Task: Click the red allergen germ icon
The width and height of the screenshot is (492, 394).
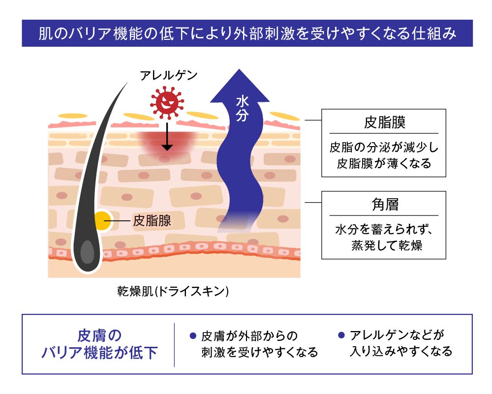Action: tap(167, 102)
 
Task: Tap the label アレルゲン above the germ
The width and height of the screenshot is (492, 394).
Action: tap(169, 76)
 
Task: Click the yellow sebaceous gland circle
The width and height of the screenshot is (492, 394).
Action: tap(103, 221)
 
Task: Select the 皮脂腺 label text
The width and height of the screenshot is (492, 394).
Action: tap(152, 220)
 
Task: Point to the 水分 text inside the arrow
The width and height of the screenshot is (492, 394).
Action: tap(242, 109)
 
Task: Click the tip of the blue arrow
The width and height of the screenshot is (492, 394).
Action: tap(240, 69)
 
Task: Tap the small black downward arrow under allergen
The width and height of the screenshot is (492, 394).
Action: tap(167, 136)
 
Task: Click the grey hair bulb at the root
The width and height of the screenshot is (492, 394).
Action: tap(87, 252)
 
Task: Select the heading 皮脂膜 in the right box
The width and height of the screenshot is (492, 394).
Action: tap(385, 122)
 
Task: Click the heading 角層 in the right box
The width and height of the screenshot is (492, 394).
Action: tap(385, 205)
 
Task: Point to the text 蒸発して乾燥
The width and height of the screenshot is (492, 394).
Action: tap(387, 245)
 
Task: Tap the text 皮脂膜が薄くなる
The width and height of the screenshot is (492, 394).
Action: tap(384, 163)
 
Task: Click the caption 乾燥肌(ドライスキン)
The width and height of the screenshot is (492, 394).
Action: tap(173, 291)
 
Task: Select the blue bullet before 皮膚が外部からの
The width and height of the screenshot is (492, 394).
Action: tap(193, 336)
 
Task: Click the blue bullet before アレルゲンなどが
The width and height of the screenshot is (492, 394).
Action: tap(341, 335)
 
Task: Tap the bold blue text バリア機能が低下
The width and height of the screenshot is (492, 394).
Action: tap(99, 353)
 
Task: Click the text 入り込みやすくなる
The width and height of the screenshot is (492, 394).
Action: tap(401, 351)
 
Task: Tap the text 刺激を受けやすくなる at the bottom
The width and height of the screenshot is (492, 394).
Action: tap(260, 352)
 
